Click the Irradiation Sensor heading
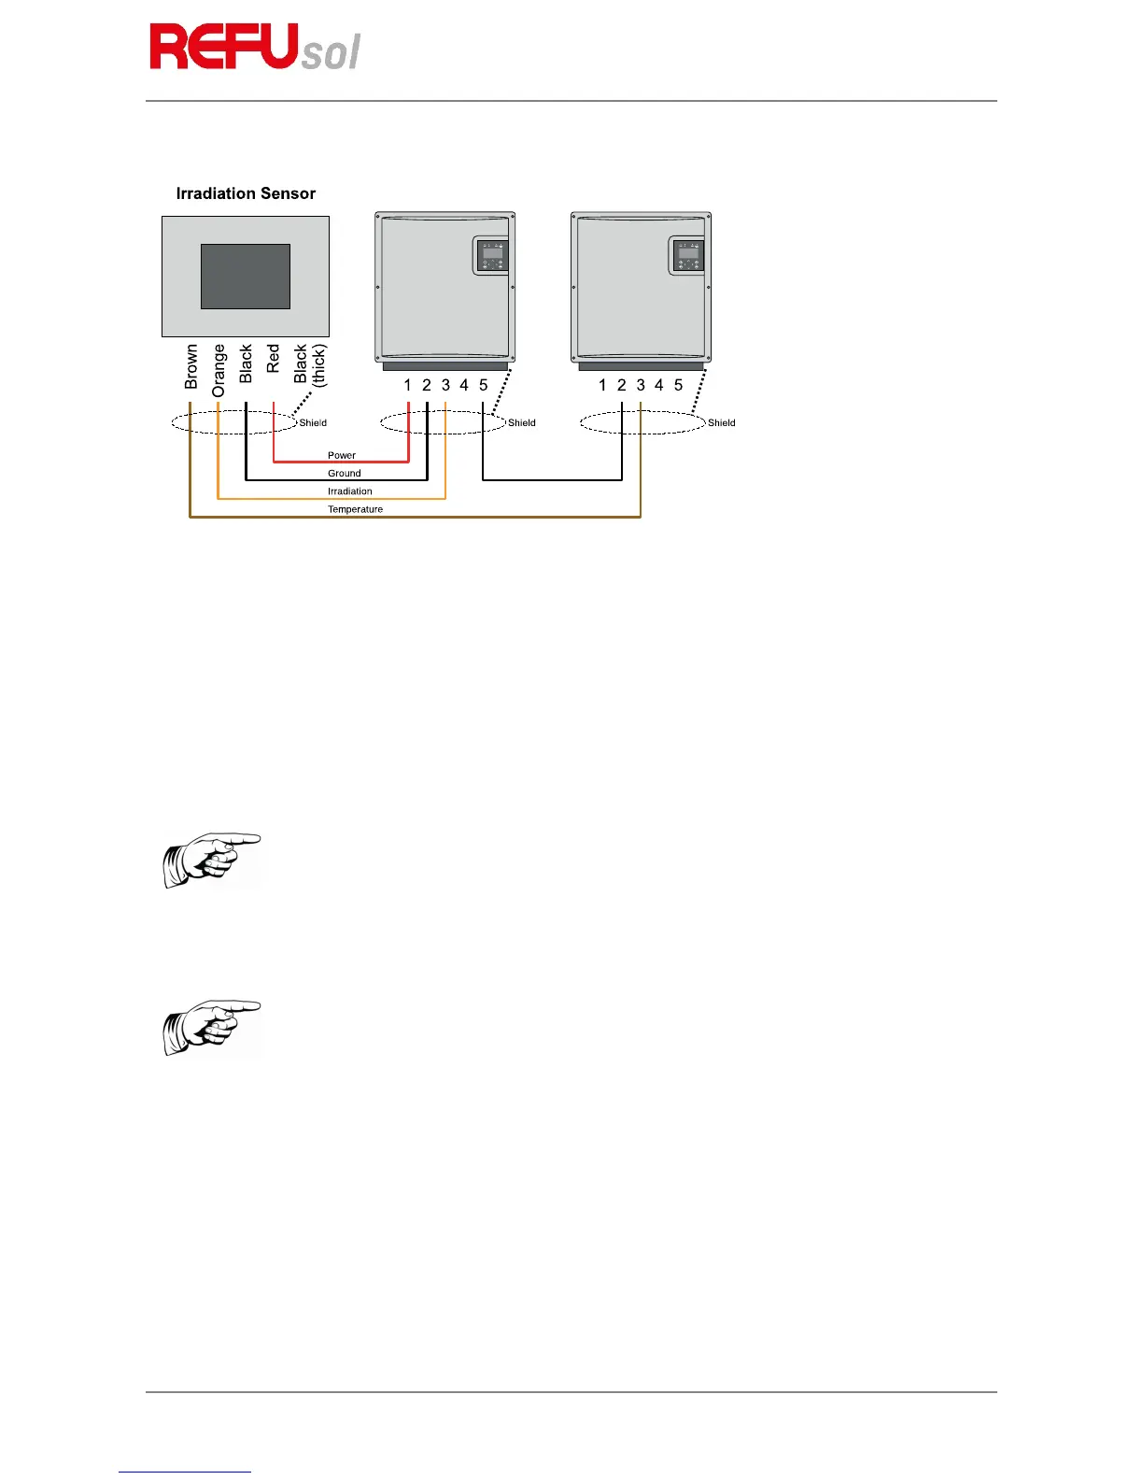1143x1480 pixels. click(x=246, y=193)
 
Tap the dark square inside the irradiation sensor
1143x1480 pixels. click(x=246, y=276)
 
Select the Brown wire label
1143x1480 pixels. click(x=191, y=366)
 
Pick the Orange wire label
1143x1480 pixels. click(x=219, y=370)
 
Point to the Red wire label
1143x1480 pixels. click(x=273, y=358)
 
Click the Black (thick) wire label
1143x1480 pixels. click(x=309, y=364)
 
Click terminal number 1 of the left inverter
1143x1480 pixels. click(x=407, y=385)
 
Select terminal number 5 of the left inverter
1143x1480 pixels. click(x=483, y=385)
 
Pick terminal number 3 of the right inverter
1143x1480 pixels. click(x=641, y=385)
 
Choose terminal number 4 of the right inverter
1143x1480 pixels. click(x=659, y=385)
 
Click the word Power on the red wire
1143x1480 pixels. click(x=342, y=455)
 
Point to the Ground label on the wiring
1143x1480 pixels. click(x=344, y=473)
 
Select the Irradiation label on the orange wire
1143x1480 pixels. click(x=349, y=491)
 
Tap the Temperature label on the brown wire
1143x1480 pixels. click(x=355, y=509)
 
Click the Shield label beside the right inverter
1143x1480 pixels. click(x=721, y=422)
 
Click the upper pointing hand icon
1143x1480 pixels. click(x=212, y=860)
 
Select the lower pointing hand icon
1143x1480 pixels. click(x=212, y=1028)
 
